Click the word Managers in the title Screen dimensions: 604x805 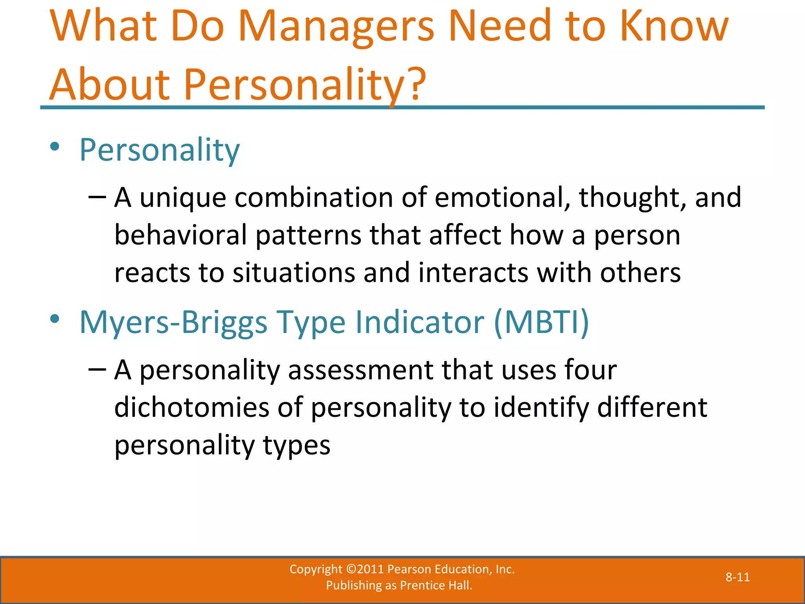(336, 28)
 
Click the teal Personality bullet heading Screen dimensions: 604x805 (159, 150)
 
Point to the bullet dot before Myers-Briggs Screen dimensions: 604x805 (55, 319)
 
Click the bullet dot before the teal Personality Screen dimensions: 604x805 (55, 147)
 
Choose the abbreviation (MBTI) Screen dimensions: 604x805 (541, 322)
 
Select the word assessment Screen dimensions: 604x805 (360, 370)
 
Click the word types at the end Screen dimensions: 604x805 (297, 446)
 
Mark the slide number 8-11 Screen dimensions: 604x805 (737, 577)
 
